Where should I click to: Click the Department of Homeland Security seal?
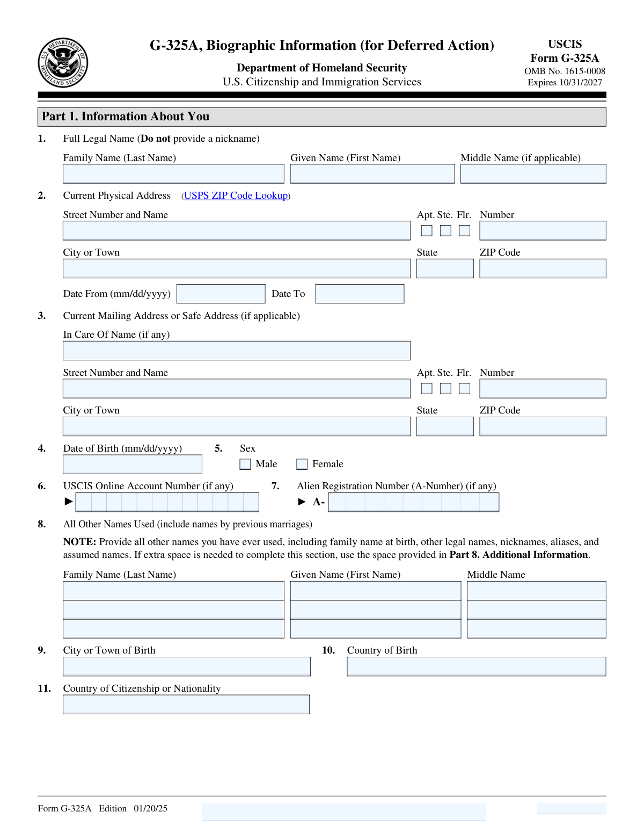tap(63, 62)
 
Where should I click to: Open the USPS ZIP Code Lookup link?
tap(236, 195)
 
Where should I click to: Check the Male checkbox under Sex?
tap(245, 464)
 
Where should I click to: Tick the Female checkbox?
tap(302, 464)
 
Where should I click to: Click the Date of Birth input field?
tap(133, 465)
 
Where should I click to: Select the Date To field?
tap(360, 294)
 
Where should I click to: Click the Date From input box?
tap(221, 294)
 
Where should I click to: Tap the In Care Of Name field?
tap(236, 351)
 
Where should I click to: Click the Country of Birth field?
tap(476, 666)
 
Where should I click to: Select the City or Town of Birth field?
tap(186, 666)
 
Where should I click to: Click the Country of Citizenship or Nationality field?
tap(186, 705)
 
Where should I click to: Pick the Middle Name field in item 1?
tap(533, 174)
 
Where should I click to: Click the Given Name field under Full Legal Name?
tap(372, 174)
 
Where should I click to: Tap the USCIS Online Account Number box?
tap(167, 502)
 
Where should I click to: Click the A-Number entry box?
tap(413, 502)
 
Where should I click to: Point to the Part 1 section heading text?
tap(126, 117)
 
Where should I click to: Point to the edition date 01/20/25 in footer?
tap(150, 808)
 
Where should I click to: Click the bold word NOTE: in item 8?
tap(79, 542)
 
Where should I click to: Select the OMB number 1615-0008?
tap(584, 71)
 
